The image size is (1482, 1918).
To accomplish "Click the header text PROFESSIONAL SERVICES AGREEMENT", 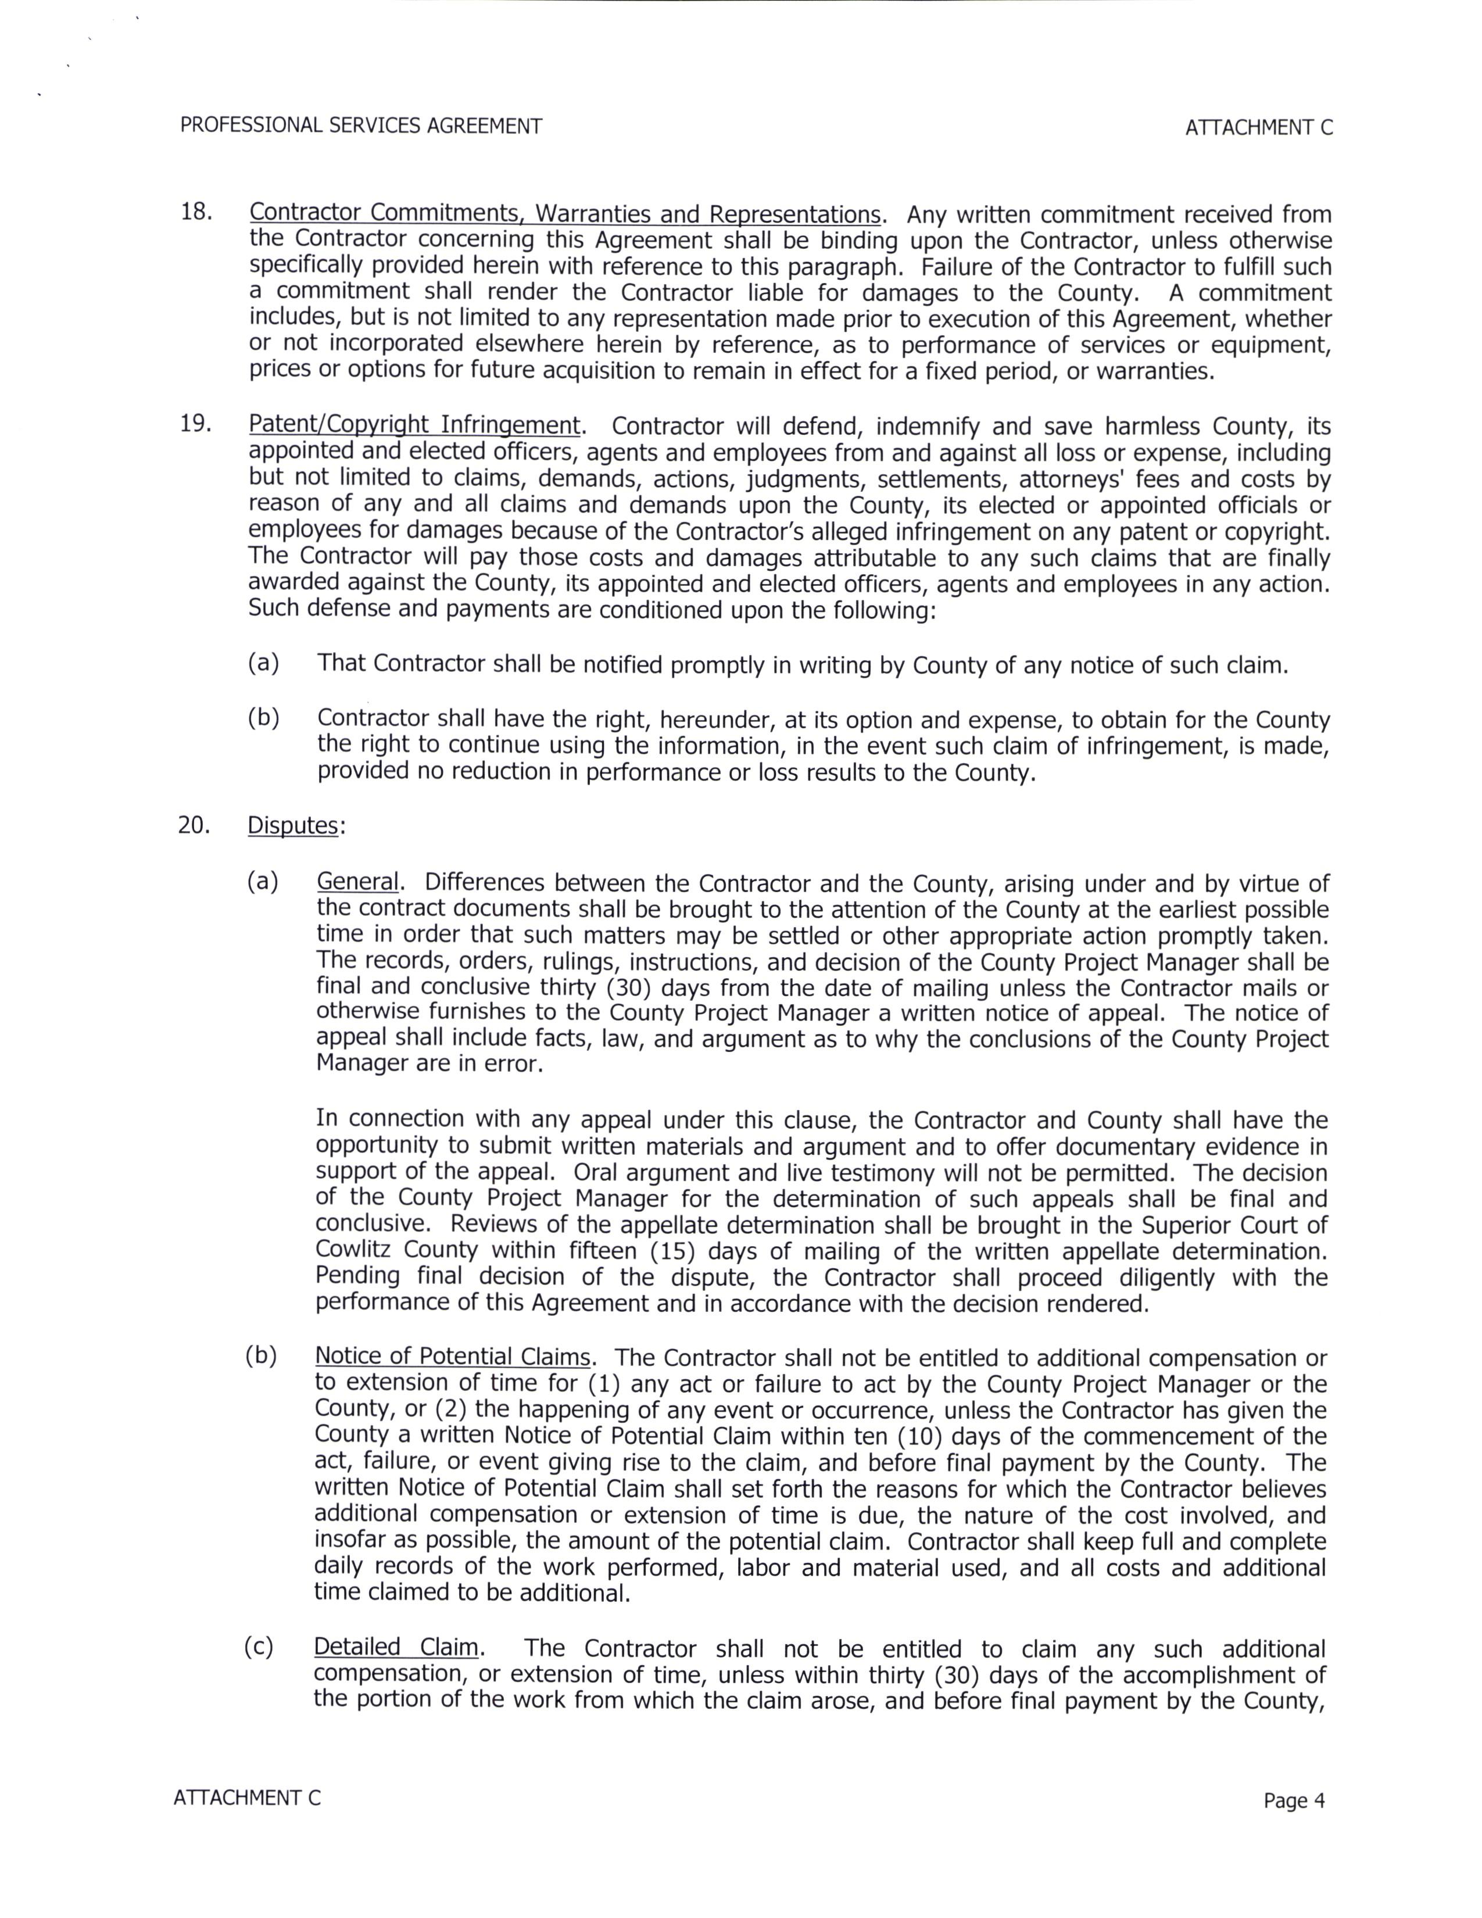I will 361,126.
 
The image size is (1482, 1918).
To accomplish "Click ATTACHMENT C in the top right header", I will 1258,127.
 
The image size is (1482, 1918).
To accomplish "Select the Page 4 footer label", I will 1293,1801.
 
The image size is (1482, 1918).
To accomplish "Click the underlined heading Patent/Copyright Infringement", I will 414,425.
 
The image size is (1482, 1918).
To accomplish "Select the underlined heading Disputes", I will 292,825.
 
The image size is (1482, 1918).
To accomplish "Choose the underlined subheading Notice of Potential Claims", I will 452,1357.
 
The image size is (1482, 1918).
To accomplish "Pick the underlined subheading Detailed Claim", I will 396,1648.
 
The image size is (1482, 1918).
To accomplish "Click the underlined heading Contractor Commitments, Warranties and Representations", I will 564,213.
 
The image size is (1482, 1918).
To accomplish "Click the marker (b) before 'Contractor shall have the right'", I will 263,717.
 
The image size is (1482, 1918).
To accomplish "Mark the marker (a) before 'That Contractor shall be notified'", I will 263,663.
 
